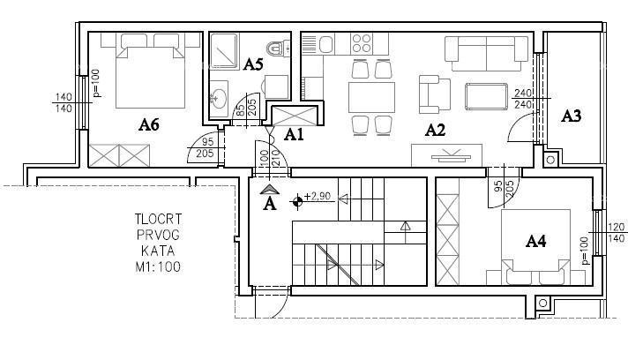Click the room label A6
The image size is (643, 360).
[148, 125]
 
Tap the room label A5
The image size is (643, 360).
[253, 64]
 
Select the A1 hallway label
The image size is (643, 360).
[293, 135]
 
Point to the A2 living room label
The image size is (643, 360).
[435, 131]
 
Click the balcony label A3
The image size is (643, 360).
[572, 116]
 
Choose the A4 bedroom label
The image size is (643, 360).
[537, 240]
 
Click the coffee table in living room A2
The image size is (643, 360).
[485, 94]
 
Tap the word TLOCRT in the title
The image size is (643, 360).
[159, 220]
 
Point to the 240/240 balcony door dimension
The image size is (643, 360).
[522, 98]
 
